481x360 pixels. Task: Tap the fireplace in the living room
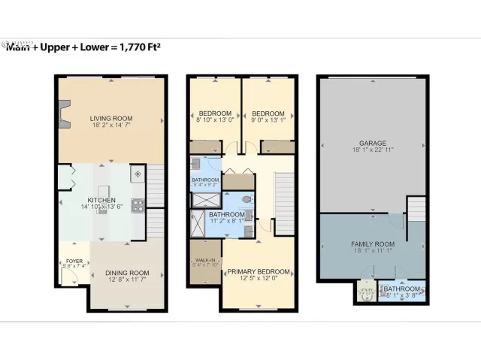[65, 115]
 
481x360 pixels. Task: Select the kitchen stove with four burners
[138, 204]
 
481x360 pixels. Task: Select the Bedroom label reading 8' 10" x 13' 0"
[214, 119]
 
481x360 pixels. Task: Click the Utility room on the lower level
[366, 292]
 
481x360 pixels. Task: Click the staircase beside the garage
[416, 209]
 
